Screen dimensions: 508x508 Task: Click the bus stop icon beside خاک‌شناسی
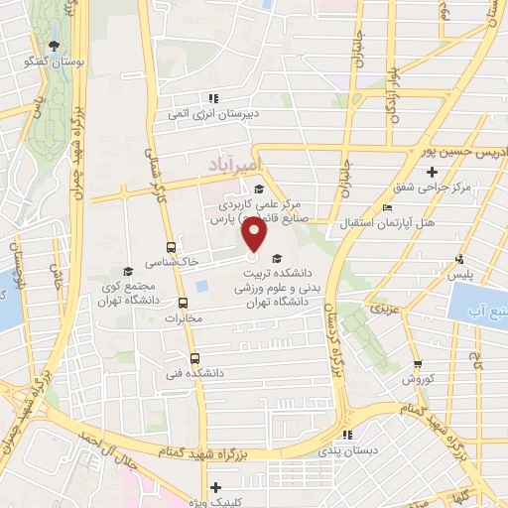pos(172,246)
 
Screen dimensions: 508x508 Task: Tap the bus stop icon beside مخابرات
pos(182,304)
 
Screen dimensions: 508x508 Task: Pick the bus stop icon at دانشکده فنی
pos(193,358)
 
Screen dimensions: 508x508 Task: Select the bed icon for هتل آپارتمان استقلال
pos(387,208)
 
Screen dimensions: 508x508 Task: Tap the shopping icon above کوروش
pos(418,364)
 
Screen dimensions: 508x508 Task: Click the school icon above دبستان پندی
pos(347,435)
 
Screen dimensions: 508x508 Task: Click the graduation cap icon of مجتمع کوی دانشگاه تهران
pos(126,271)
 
